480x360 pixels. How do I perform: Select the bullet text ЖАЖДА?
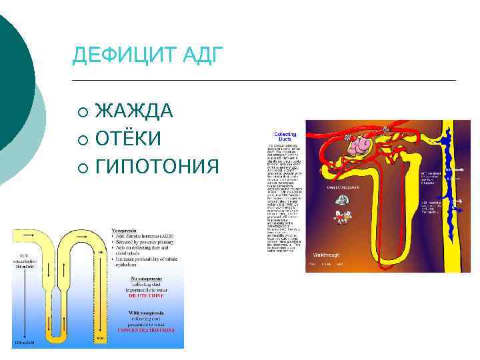134,111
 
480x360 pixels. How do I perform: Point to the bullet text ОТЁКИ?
128,138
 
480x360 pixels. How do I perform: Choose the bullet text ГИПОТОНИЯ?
157,166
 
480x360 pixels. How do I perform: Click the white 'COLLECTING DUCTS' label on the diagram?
342,188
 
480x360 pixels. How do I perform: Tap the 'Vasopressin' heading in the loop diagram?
126,231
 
